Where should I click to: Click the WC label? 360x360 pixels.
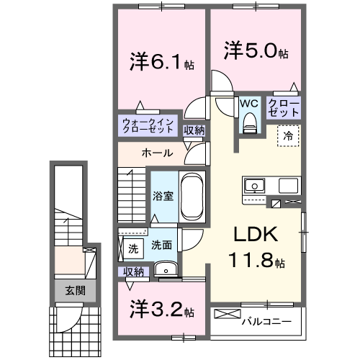pyautogui.click(x=248, y=103)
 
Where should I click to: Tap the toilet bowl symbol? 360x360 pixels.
pyautogui.click(x=249, y=123)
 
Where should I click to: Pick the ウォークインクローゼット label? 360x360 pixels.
pyautogui.click(x=148, y=126)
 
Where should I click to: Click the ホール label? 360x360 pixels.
pyautogui.click(x=156, y=153)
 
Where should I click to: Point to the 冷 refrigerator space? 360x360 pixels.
pyautogui.click(x=287, y=135)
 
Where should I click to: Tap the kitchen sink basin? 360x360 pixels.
pyautogui.click(x=256, y=186)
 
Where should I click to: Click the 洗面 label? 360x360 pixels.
pyautogui.click(x=161, y=246)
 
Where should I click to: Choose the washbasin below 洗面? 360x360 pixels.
pyautogui.click(x=166, y=271)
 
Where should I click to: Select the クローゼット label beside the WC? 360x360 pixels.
pyautogui.click(x=284, y=109)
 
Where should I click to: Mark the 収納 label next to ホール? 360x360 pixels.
pyautogui.click(x=194, y=130)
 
